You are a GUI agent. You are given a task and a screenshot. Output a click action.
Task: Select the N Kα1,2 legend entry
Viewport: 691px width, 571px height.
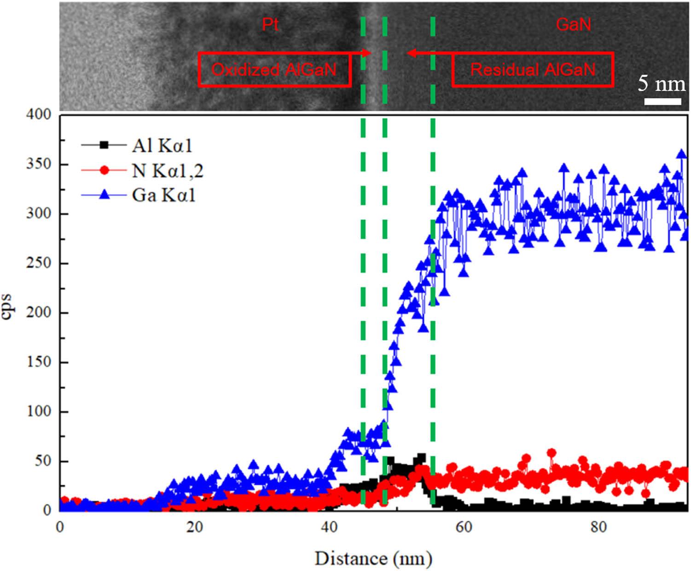tap(167, 171)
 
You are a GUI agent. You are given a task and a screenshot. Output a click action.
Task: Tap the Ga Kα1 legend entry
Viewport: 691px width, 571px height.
tap(163, 195)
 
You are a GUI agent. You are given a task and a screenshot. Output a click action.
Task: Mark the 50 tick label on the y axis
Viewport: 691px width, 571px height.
tap(44, 461)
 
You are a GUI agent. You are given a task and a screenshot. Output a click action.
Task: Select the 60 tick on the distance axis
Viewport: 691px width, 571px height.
tap(464, 527)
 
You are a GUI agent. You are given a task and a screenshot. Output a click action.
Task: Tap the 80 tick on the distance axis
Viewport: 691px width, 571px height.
tap(598, 527)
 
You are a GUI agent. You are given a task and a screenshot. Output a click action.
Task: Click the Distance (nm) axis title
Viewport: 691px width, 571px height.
tap(373, 559)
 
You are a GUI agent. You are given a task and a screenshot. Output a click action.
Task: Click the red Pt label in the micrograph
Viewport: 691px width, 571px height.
tap(270, 24)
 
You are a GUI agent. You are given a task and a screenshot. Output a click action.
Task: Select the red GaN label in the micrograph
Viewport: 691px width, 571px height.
tap(573, 24)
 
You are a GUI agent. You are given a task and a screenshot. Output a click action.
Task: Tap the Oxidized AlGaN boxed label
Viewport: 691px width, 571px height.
tap(274, 70)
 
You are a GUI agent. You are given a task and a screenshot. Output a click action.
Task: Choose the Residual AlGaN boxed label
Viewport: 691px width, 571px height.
tap(533, 70)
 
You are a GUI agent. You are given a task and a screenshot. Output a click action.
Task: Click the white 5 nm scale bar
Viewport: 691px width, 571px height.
tap(662, 101)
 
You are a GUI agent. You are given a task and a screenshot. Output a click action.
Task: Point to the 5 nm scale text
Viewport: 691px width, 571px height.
tap(661, 84)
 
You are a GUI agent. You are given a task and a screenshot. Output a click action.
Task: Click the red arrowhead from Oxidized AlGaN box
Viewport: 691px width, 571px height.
tap(367, 53)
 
